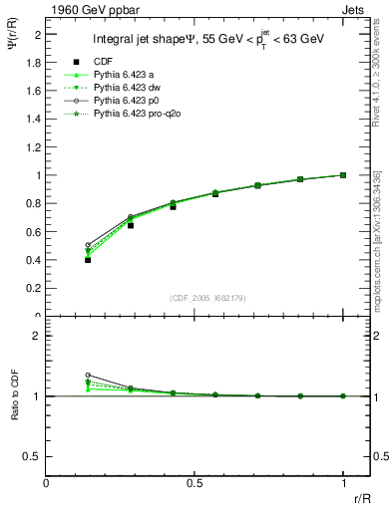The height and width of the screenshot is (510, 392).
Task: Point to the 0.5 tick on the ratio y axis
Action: pos(33,456)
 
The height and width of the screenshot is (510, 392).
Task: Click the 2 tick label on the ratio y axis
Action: pos(37,336)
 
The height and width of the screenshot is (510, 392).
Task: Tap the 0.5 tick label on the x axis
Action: pos(195,483)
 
